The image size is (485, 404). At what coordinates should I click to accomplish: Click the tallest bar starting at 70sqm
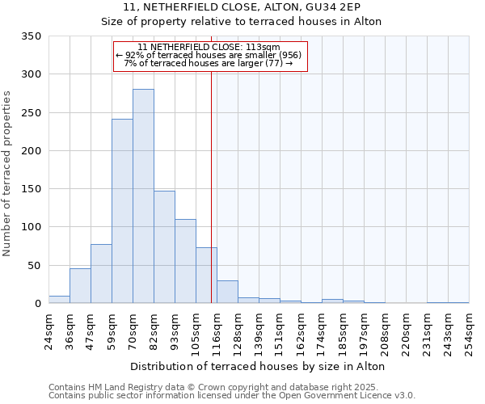coord(143,196)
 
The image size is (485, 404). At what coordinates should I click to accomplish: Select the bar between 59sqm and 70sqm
coord(122,211)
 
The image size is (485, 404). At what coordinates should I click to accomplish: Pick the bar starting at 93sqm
coord(185,261)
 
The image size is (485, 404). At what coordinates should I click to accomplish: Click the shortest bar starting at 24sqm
coord(59,300)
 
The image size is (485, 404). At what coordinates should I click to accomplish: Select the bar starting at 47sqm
coord(101,274)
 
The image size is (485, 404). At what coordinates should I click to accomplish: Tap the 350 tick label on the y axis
coord(31,36)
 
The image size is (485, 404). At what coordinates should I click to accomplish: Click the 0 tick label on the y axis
coord(37,304)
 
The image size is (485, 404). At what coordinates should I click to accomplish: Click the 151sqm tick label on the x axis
coord(280,331)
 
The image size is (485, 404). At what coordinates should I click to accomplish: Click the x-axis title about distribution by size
coord(257,366)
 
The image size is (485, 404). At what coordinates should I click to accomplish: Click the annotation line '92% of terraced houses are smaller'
coord(209,55)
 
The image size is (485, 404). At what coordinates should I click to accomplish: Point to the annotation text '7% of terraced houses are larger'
coord(209,63)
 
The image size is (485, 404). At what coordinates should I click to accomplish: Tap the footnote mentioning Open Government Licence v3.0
coord(232,395)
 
